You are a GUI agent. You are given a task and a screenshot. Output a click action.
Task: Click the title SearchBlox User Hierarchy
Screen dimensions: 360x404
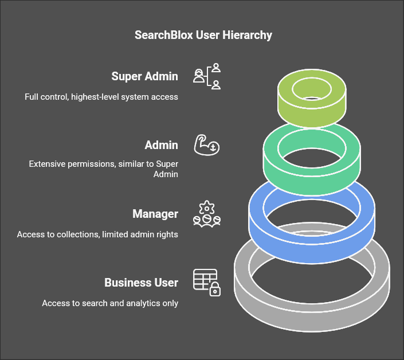pyautogui.click(x=203, y=36)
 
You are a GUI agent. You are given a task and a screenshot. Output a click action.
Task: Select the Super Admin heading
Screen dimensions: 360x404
pyautogui.click(x=144, y=76)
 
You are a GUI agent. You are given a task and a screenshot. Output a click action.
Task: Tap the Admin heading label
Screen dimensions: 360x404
pyautogui.click(x=161, y=145)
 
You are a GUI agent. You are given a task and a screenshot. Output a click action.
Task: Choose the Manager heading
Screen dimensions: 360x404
pyautogui.click(x=155, y=214)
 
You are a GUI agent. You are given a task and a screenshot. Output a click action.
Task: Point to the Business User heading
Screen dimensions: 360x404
pyautogui.click(x=141, y=283)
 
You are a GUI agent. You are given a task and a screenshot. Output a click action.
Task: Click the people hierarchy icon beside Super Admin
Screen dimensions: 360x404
pyautogui.click(x=207, y=77)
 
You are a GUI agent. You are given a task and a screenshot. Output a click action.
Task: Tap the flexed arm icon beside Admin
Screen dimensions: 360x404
pyautogui.click(x=207, y=145)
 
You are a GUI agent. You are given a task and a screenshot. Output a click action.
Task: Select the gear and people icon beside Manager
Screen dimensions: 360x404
pyautogui.click(x=207, y=214)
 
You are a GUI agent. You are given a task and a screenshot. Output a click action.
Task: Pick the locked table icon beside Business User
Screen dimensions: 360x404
pyautogui.click(x=207, y=283)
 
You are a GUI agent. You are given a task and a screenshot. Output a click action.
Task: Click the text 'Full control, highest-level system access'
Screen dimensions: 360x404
pyautogui.click(x=101, y=97)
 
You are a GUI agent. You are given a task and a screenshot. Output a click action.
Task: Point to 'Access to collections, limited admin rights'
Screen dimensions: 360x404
pyautogui.click(x=97, y=234)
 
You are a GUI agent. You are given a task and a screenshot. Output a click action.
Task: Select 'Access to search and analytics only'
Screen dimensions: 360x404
pyautogui.click(x=110, y=303)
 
